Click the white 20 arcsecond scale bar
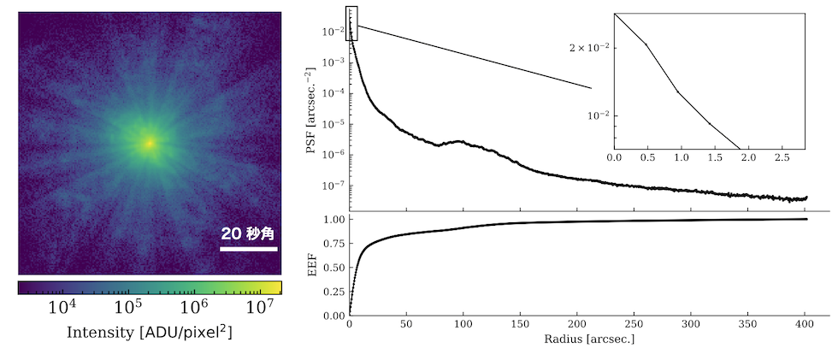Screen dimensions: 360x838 pos(249,250)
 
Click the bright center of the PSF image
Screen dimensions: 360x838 pos(150,143)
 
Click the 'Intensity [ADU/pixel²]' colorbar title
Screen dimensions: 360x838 pos(150,332)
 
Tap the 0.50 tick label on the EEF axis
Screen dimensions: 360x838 pos(332,268)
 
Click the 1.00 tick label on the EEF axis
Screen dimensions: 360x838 pos(332,220)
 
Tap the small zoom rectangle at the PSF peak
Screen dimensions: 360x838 pos(351,16)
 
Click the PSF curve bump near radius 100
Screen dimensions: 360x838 pos(462,141)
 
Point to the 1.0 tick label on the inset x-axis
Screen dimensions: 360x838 pos(682,158)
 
